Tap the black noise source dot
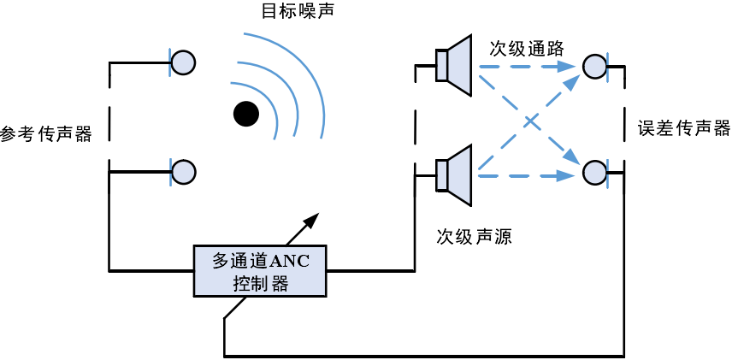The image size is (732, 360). tap(246, 112)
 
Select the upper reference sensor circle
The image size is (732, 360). tap(183, 62)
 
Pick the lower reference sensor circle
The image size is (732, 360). tap(183, 171)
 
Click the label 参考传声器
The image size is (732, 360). tap(46, 133)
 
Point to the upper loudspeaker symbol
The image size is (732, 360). tap(453, 64)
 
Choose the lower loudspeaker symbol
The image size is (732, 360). tap(453, 175)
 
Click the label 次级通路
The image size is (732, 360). tap(527, 47)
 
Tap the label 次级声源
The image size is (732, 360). tap(474, 236)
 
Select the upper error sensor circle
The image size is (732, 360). tap(593, 65)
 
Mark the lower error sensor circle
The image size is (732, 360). tap(593, 174)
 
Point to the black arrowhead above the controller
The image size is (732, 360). tap(311, 221)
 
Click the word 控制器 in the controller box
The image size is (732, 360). tap(260, 283)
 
